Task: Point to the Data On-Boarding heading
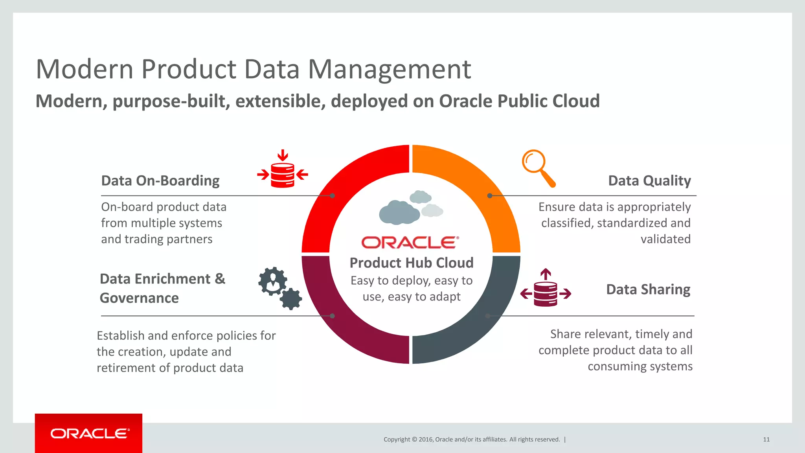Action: coord(160,180)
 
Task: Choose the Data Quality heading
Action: coord(649,180)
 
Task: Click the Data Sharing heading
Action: coord(648,289)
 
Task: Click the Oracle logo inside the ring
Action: coord(410,243)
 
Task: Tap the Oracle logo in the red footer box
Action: coord(90,433)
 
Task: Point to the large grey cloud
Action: coord(399,212)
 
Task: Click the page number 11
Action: coord(766,440)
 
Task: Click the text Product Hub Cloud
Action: coord(412,263)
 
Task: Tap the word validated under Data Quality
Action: coord(665,239)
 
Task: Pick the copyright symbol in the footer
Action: coord(414,440)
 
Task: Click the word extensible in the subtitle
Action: coord(280,101)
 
